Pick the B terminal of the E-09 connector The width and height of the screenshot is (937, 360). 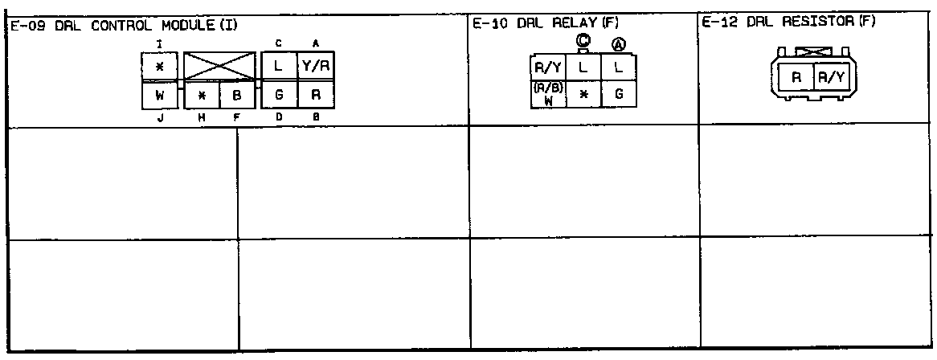pos(237,95)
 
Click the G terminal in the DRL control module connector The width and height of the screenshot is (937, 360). pos(279,95)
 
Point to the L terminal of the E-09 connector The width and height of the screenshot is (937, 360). pos(279,67)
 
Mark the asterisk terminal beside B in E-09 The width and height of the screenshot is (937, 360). pos(202,95)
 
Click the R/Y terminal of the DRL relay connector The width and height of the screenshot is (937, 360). pos(547,67)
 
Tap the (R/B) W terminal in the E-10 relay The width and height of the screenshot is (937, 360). pos(547,93)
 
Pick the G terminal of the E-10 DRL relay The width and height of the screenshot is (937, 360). pos(618,94)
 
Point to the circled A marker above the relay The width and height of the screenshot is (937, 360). pos(619,44)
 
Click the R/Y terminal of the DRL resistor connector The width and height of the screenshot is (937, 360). pos(829,78)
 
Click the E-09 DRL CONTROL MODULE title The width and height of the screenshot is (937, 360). pos(124,26)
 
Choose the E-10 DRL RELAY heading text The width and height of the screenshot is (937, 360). pos(546,25)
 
